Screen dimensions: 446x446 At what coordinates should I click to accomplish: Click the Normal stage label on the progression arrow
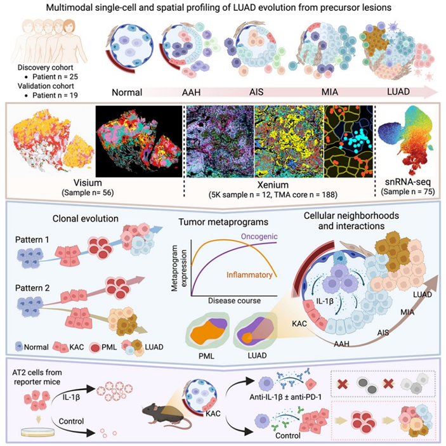point(126,91)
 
